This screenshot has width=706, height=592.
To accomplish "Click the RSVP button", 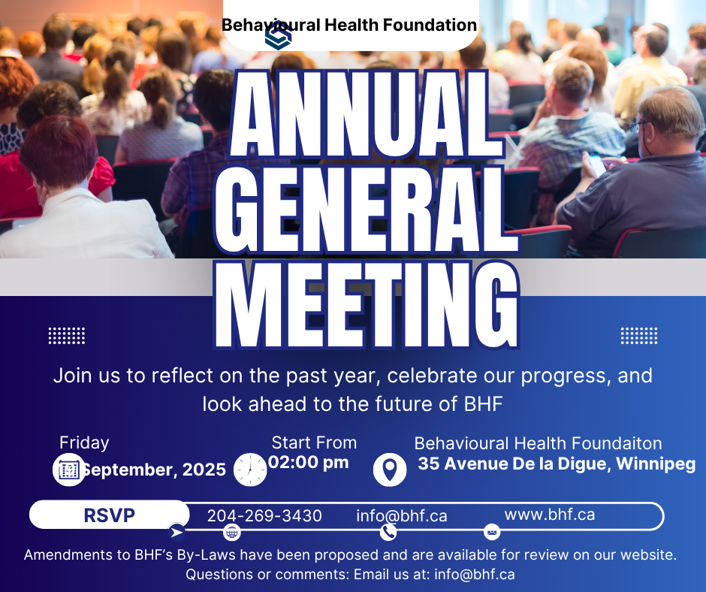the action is click(110, 515).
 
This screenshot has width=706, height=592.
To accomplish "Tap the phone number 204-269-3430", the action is click(264, 516).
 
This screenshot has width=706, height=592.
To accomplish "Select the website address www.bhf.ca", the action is click(550, 515).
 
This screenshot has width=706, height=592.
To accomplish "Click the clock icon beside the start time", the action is click(250, 470).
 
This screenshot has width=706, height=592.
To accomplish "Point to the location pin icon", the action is click(390, 470).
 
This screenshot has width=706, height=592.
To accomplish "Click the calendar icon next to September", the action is click(69, 470).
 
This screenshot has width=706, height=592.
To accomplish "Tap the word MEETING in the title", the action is click(367, 306).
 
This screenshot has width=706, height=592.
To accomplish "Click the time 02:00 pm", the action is click(309, 462).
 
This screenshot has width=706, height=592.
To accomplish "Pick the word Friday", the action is click(84, 442).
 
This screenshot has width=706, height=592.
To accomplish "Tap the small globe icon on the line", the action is click(232, 533).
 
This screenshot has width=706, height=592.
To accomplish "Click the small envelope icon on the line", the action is click(492, 533).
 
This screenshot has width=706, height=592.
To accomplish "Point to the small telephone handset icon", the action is click(388, 532).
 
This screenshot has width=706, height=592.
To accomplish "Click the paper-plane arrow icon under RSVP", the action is click(177, 533).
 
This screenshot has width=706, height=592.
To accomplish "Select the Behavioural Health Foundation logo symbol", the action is click(278, 36).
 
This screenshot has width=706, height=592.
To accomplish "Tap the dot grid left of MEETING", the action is click(67, 336).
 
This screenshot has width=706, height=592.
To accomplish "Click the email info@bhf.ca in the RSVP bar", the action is click(402, 516).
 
